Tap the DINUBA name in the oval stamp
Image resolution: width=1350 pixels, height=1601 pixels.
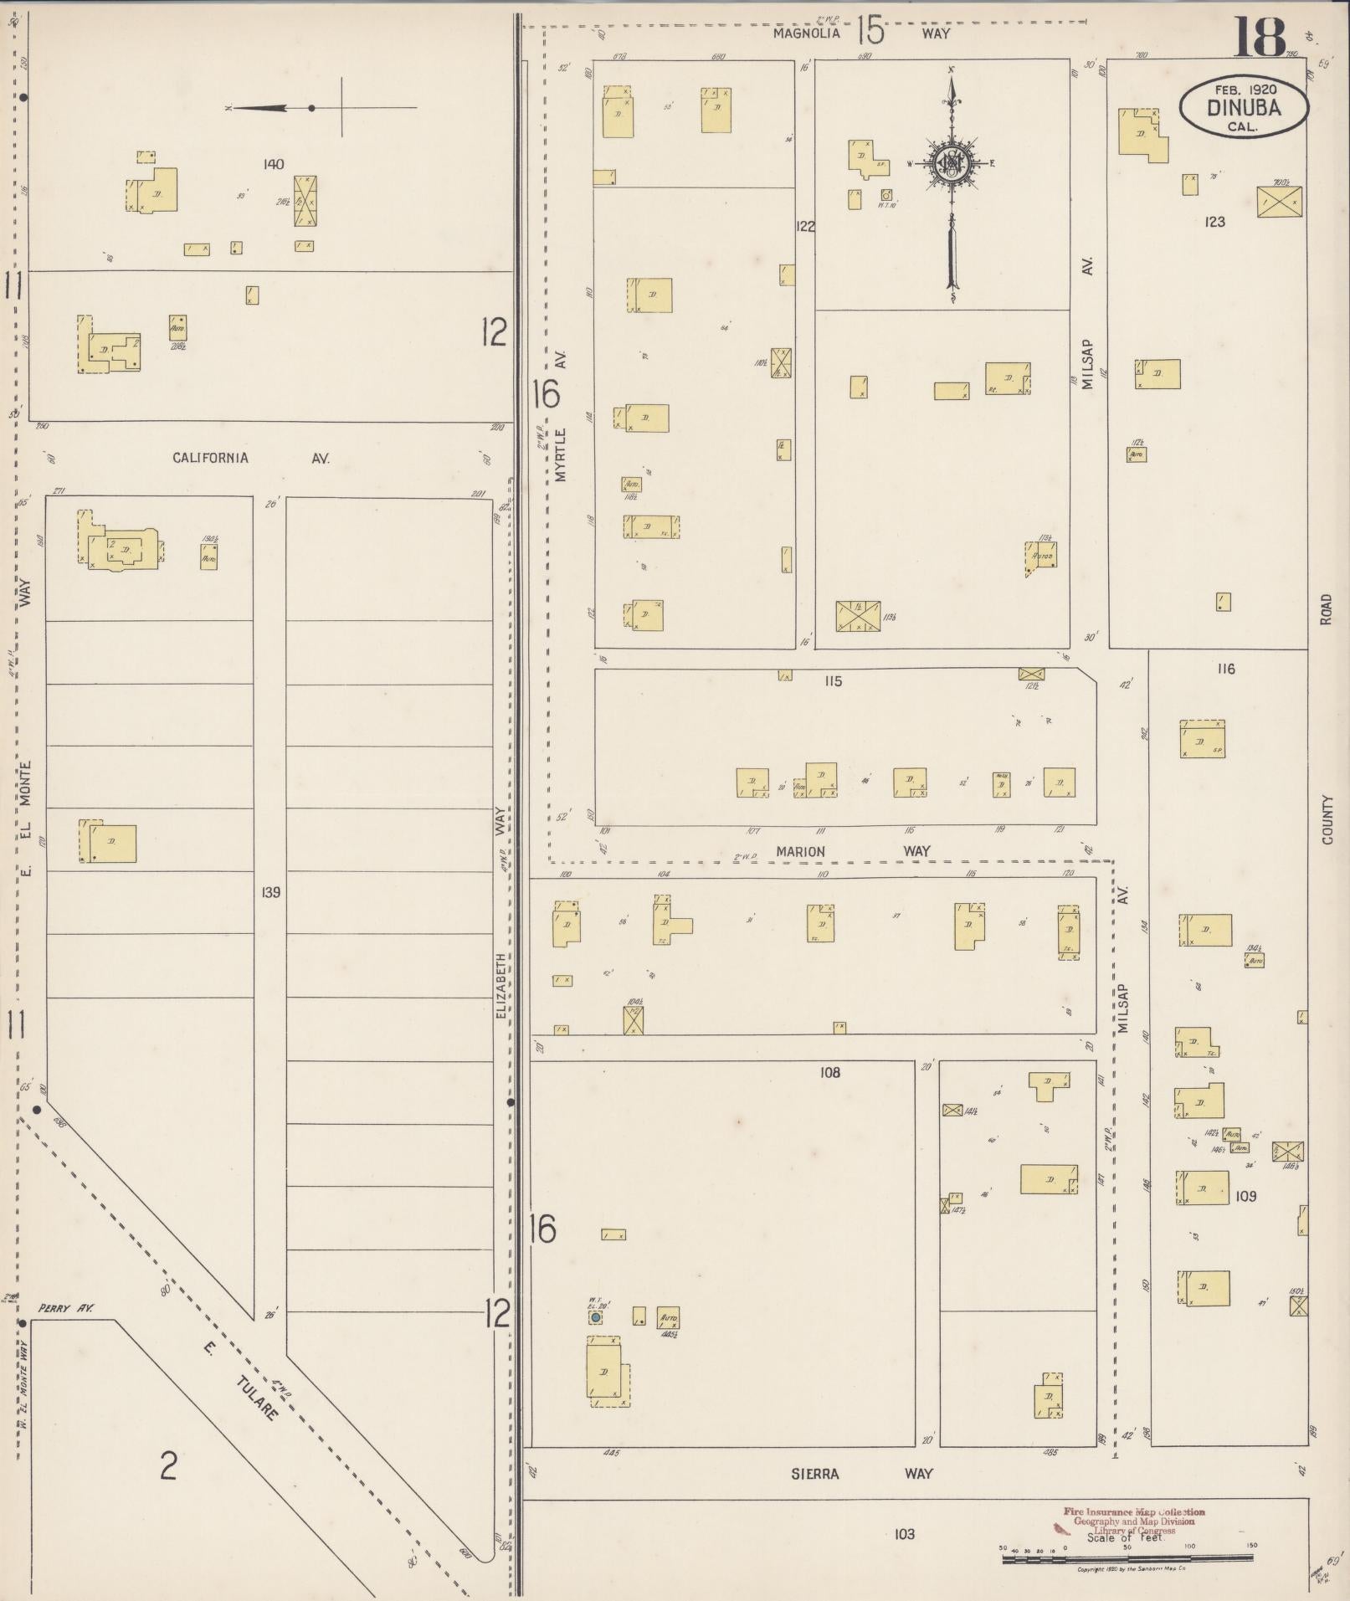point(1243,108)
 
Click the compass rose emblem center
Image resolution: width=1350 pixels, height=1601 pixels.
point(952,163)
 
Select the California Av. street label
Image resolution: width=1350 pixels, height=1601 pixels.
point(251,458)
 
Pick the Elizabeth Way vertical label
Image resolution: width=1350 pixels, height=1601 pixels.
point(500,912)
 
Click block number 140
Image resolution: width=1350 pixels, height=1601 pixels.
point(273,164)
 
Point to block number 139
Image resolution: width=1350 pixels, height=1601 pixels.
point(270,892)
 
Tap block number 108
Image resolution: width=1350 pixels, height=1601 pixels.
point(829,1072)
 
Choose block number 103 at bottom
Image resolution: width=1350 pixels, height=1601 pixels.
point(904,1534)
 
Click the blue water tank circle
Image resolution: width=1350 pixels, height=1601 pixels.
point(595,1317)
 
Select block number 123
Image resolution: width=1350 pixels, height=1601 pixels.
point(1214,222)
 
